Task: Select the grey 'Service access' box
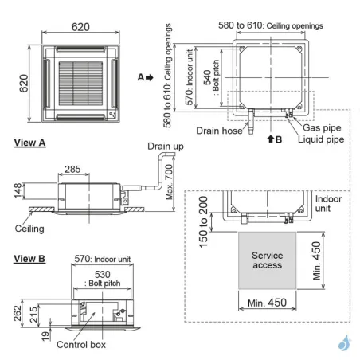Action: pyautogui.click(x=267, y=260)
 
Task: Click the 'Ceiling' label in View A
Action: pyautogui.click(x=31, y=228)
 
